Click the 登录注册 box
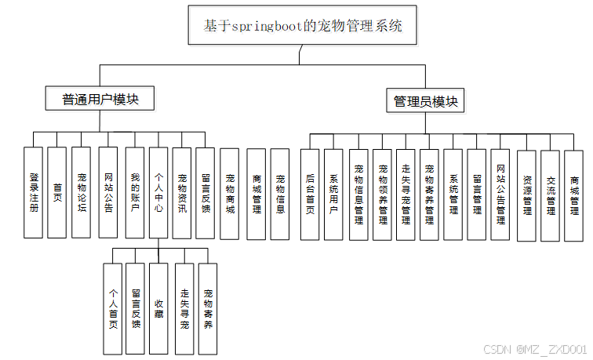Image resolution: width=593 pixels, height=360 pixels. [x=33, y=192]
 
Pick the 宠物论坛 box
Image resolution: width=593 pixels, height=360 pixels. [x=81, y=192]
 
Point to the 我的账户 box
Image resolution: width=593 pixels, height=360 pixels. [x=134, y=192]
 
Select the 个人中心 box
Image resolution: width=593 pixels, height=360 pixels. [x=158, y=192]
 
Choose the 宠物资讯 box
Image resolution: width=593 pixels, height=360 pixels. [x=182, y=192]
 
